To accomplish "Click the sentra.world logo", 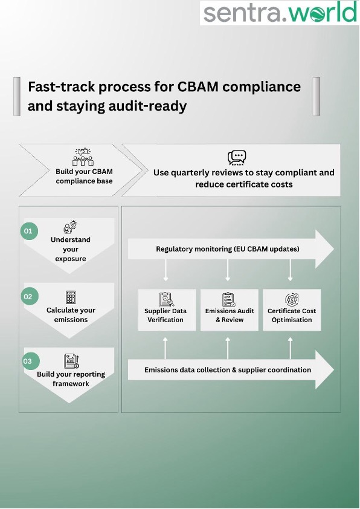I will [280, 13].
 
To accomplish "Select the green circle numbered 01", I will [29, 231].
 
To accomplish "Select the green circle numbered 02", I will [29, 297].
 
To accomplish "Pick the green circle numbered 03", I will [29, 361].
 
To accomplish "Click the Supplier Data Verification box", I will [166, 310].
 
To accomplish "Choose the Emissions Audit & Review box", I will [229, 310].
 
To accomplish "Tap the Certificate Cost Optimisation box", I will [292, 310].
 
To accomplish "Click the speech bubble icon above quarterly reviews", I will [237, 157].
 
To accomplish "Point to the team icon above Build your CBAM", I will [83, 157].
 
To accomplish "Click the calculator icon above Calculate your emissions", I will [71, 297].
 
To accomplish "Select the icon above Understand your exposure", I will [71, 227].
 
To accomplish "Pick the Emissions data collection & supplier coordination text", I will [227, 369].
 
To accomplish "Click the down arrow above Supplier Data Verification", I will [166, 273].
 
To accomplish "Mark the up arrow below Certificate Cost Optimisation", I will [291, 345].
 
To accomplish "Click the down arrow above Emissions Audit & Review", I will [228, 273].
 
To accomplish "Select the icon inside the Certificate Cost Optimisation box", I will [291, 299].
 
